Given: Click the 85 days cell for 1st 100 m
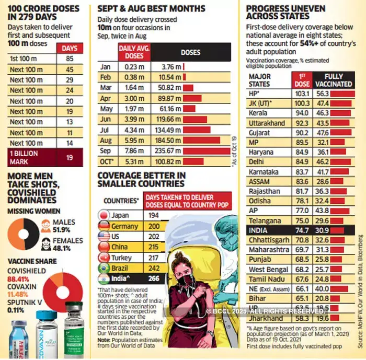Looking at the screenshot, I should pos(70,59).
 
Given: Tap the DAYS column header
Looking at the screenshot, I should pos(70,48).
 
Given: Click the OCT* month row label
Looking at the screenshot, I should pos(107,161).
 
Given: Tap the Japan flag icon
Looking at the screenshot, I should pos(103,216).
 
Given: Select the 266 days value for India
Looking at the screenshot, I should pos(153,278).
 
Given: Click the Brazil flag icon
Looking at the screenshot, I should pos(103,268).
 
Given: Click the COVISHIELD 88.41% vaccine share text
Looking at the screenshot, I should pos(26,275).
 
